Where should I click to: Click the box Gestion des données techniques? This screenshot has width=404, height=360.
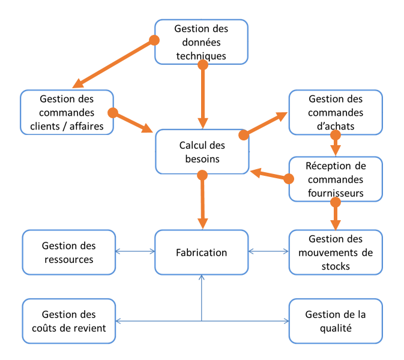(200, 42)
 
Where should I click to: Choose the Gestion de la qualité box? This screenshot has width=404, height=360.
(335, 321)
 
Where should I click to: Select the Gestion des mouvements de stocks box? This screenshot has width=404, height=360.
(335, 253)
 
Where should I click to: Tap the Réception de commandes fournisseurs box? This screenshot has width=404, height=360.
(335, 179)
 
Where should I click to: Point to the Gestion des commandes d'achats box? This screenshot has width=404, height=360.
(335, 112)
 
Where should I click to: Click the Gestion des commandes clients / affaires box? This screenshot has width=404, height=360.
(67, 112)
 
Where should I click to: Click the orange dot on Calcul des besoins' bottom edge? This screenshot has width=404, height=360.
(202, 175)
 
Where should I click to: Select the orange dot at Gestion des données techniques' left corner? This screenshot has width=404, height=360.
(154, 40)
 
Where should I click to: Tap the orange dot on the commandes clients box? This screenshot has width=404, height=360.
(112, 112)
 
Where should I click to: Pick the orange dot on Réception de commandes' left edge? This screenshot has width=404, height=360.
(289, 179)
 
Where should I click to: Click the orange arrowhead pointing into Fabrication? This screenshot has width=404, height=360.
(203, 222)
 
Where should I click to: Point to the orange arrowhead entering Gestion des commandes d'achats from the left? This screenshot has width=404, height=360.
(280, 116)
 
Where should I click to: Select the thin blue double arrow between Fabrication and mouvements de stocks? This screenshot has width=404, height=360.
(268, 252)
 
